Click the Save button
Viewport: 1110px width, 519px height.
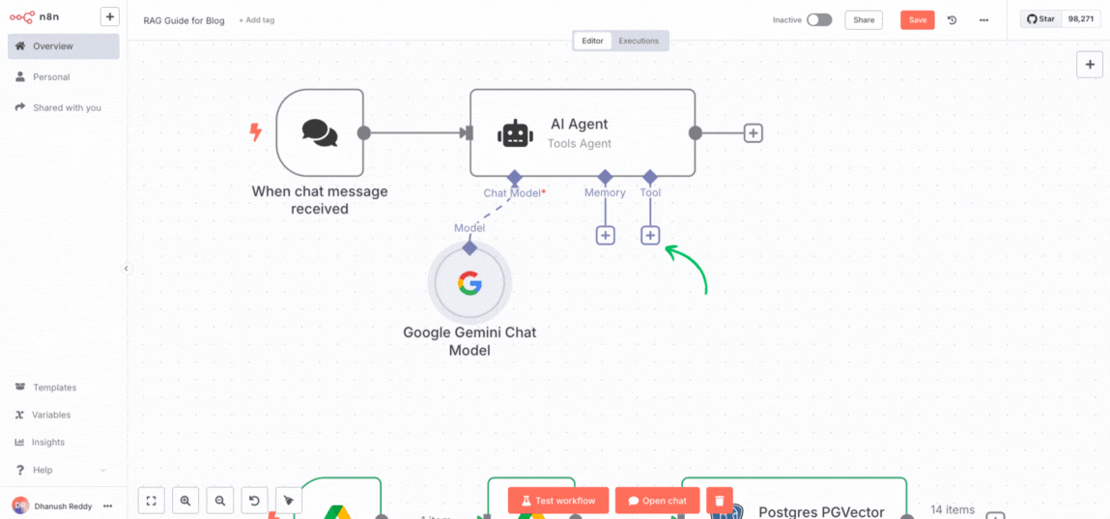coord(917,19)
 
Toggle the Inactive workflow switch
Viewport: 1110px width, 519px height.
coord(818,19)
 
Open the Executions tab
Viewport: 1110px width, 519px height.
coord(639,41)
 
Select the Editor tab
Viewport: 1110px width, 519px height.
coord(592,41)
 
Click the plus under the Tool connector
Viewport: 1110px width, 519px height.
coord(650,235)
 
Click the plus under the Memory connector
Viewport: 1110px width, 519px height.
coord(605,235)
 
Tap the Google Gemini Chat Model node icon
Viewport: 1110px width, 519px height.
coord(470,283)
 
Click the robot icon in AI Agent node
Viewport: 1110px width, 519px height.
coord(515,133)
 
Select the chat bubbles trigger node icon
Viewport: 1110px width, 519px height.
coord(320,132)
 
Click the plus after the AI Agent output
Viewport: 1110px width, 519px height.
coord(754,133)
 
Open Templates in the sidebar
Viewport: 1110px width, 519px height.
coord(54,388)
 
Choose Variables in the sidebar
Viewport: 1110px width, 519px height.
coord(50,415)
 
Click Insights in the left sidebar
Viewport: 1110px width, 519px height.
coord(48,442)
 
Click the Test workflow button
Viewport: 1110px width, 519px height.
coord(558,501)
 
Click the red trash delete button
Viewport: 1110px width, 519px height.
coord(719,501)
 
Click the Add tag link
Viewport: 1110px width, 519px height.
coord(256,20)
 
